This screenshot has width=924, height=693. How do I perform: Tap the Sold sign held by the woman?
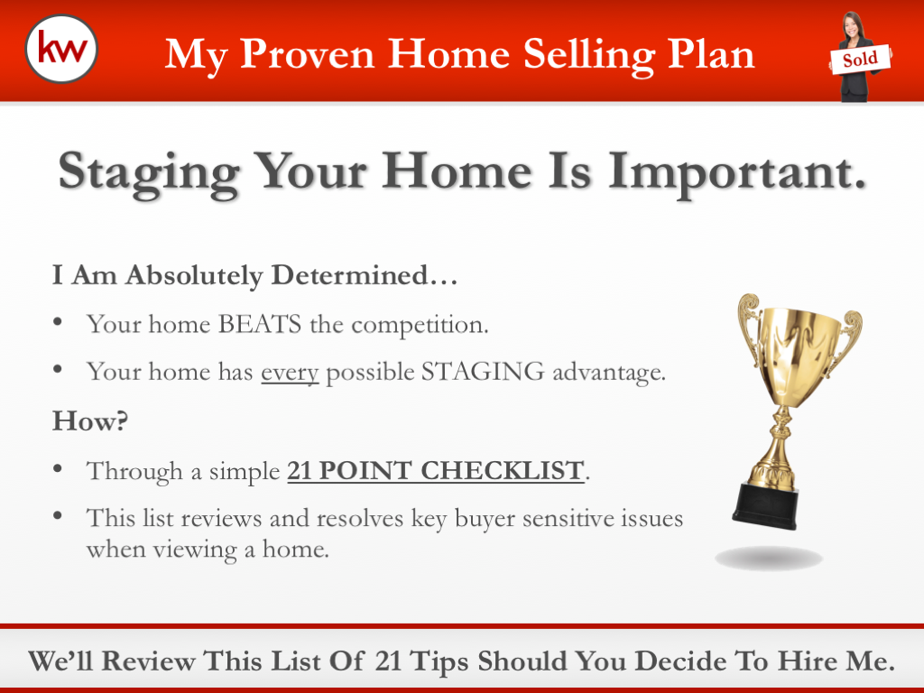[x=860, y=60]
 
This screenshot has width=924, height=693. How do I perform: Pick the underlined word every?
[x=290, y=371]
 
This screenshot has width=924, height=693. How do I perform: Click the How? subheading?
[x=89, y=420]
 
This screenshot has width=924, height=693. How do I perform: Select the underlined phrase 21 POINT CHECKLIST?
[x=435, y=470]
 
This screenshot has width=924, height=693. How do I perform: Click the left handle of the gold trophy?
[x=748, y=330]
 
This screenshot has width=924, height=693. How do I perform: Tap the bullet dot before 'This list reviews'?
[x=59, y=516]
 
